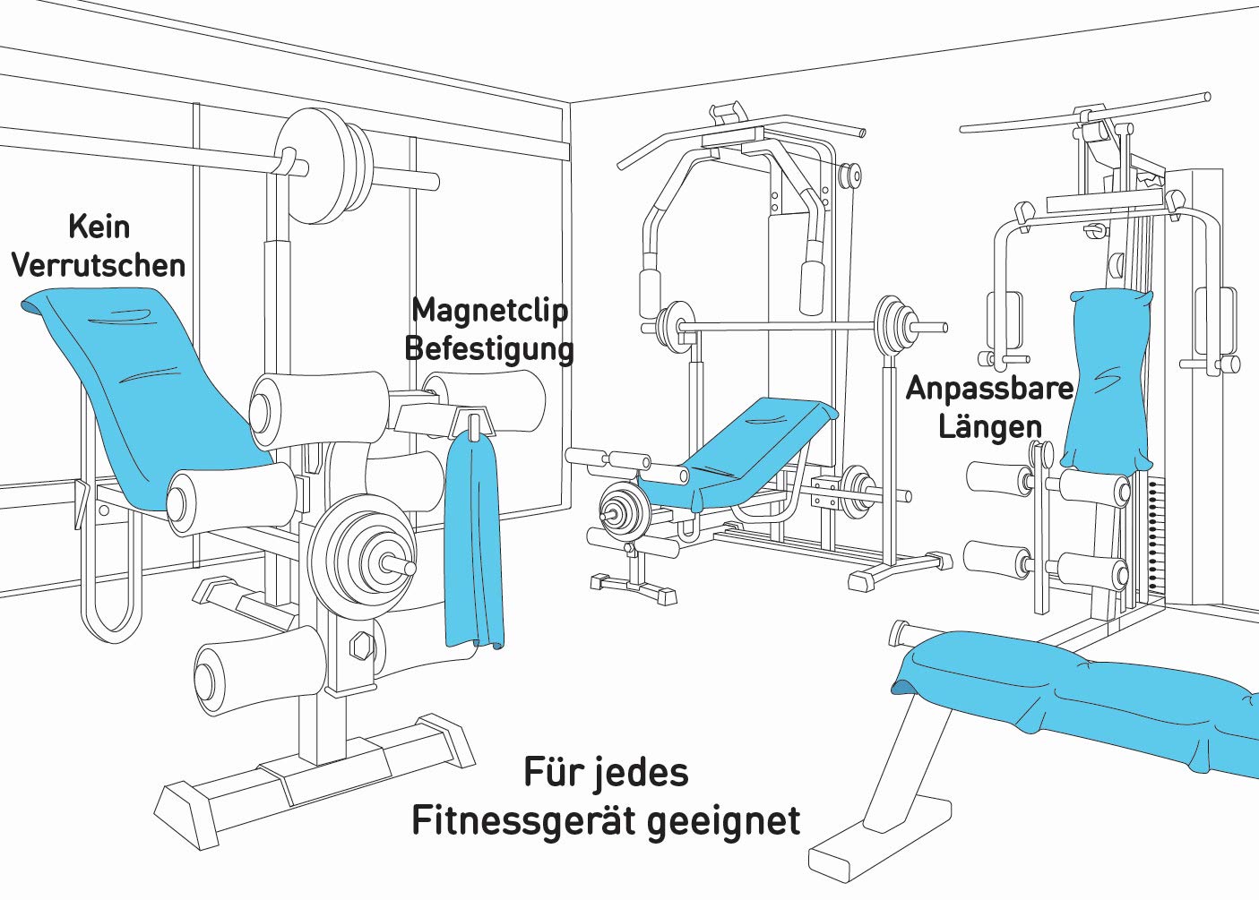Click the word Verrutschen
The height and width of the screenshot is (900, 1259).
tap(99, 266)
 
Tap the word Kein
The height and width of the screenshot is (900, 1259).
tap(99, 227)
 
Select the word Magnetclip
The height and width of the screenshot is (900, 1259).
tap(489, 310)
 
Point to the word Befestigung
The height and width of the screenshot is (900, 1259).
tap(489, 348)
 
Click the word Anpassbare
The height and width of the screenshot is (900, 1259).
tap(989, 389)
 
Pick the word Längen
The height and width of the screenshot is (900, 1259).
tap(989, 426)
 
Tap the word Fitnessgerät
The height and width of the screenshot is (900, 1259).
tap(522, 820)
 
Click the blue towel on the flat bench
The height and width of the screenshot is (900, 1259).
tap(1075, 699)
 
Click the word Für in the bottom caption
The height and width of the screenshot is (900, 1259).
tap(548, 772)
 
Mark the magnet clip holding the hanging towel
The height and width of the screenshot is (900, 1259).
tap(473, 421)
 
